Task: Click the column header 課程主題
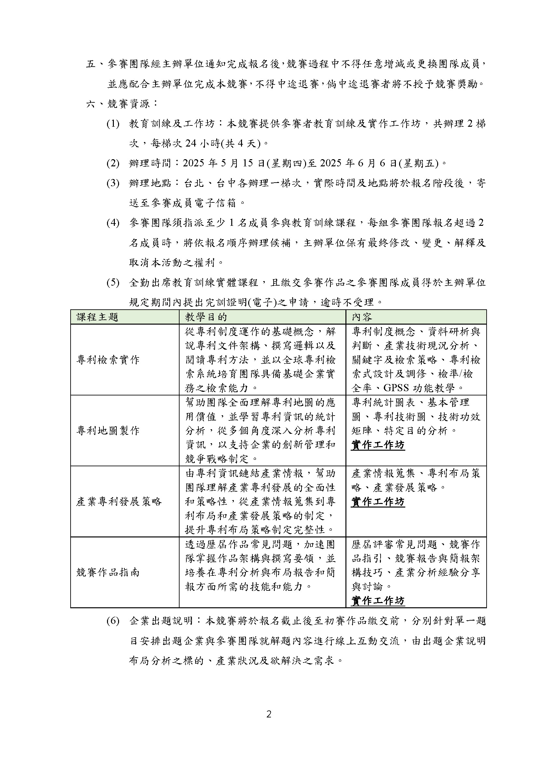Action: tap(97, 317)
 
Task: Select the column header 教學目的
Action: tap(206, 317)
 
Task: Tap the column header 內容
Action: tap(362, 317)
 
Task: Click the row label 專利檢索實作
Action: tap(108, 360)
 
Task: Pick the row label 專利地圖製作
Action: tap(108, 431)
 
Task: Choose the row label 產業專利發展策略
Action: tap(119, 502)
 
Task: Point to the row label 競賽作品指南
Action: tap(108, 572)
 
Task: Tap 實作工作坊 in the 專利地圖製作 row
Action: tap(378, 445)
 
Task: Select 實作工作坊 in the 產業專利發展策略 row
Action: tap(378, 502)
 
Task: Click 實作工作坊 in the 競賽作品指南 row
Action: tap(378, 601)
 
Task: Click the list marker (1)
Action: tap(113, 124)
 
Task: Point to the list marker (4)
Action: tap(113, 223)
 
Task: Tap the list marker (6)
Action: tap(113, 621)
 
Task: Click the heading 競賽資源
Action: tap(128, 104)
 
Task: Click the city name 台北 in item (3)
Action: tap(194, 183)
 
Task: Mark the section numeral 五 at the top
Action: tap(91, 64)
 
